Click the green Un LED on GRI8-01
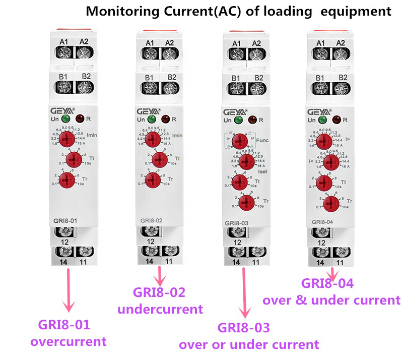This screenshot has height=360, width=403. [x=65, y=119]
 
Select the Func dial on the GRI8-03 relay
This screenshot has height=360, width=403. [x=242, y=140]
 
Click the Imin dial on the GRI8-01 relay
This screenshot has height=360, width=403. [x=66, y=139]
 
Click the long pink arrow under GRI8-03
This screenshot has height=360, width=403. [x=246, y=292]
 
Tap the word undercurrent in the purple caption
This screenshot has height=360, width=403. [x=160, y=309]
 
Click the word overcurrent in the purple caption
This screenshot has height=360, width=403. [x=69, y=341]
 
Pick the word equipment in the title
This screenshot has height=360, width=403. [x=358, y=11]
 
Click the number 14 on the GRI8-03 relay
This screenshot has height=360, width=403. [x=236, y=262]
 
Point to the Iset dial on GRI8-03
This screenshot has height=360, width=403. [x=246, y=161]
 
